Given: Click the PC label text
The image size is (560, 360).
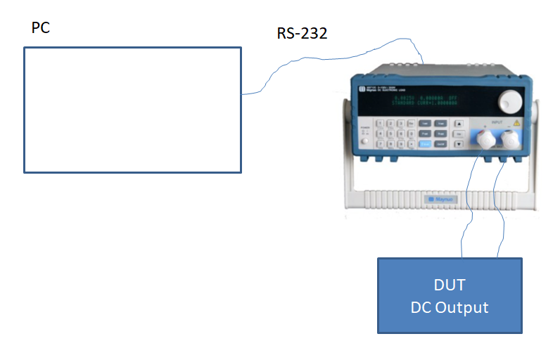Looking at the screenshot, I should [x=41, y=29].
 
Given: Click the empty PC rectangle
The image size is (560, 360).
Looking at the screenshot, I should [x=132, y=109].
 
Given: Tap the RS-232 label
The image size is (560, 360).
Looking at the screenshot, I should [x=302, y=33].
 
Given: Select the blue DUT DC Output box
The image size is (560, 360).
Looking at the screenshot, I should [x=450, y=295].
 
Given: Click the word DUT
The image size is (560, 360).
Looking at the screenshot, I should [x=450, y=285].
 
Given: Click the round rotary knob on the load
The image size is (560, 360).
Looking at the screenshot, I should [x=511, y=103].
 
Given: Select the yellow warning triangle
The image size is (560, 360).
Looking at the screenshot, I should [x=517, y=123].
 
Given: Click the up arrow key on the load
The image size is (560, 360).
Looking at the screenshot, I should [x=459, y=122].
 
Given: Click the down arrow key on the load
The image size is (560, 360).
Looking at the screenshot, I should [x=459, y=144].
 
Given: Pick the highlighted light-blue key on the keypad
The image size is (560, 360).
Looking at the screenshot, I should [x=425, y=144].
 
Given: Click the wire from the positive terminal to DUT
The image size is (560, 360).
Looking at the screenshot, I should [x=466, y=211].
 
